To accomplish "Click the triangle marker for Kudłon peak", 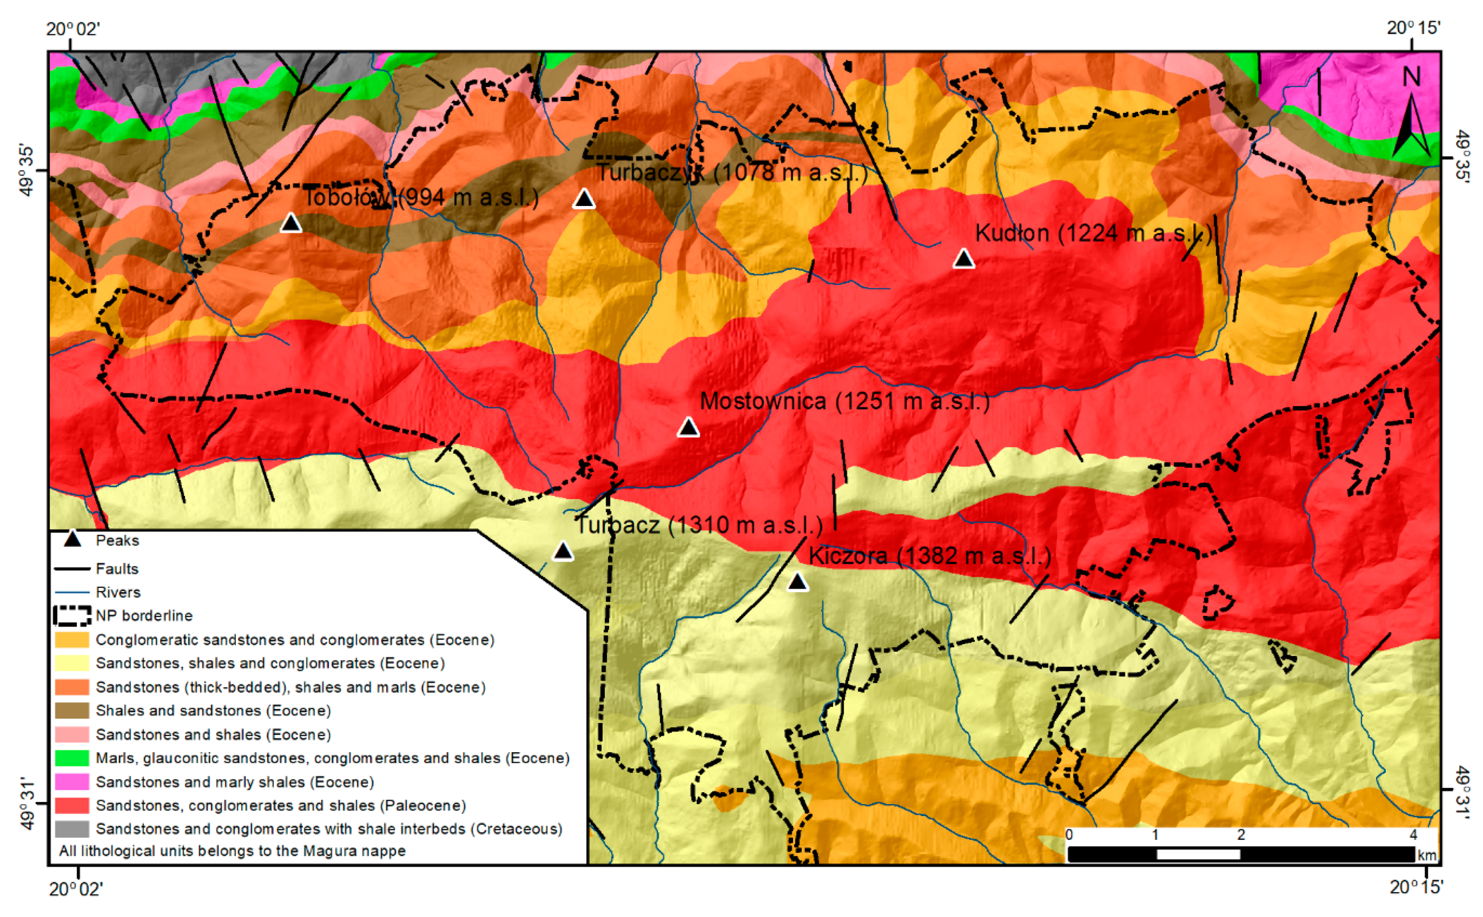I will (x=963, y=259).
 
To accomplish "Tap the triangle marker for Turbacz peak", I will (x=562, y=551).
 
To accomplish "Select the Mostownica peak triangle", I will (x=688, y=428).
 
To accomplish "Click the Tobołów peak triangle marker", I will (x=291, y=224).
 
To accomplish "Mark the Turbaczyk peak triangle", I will (x=583, y=199).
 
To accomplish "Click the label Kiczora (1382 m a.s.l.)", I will (x=929, y=556).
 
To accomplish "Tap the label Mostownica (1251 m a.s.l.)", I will (x=845, y=402).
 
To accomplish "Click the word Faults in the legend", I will (x=117, y=569).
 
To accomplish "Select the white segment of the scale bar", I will (x=1198, y=855).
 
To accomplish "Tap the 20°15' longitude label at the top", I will (x=1413, y=28).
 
